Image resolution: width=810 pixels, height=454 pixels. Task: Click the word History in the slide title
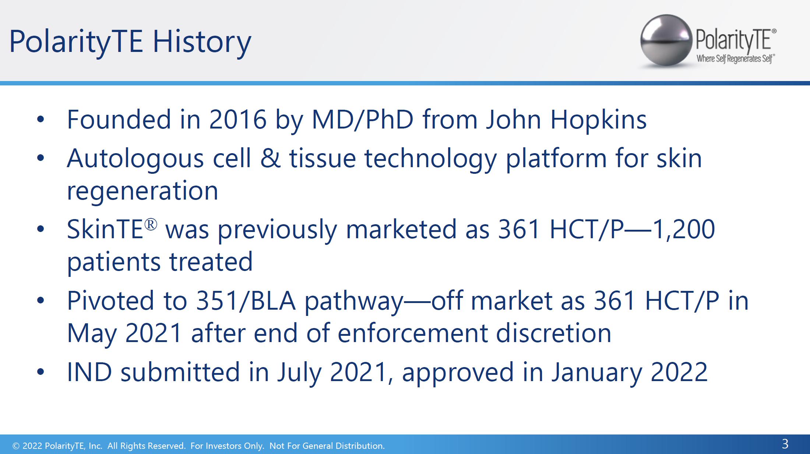[x=202, y=41]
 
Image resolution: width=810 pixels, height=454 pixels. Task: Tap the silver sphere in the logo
[x=666, y=41]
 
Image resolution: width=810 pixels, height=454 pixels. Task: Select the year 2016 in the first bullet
[x=238, y=119]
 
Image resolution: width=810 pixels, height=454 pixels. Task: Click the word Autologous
[x=135, y=159]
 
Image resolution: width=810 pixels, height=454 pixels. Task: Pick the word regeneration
[x=142, y=191]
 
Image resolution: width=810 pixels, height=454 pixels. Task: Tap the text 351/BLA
[x=246, y=300]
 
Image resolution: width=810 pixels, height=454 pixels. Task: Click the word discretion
[x=554, y=333]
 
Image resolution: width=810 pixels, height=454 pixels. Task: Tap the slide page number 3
[x=785, y=444]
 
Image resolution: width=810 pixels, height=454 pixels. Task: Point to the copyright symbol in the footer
[x=16, y=446]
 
